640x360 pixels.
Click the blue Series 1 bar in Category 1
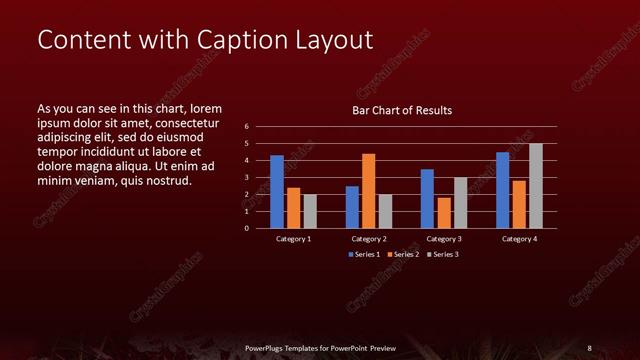point(277,191)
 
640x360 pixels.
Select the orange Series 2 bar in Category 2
point(368,190)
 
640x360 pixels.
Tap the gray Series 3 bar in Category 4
point(536,185)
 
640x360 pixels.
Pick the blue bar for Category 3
point(427,198)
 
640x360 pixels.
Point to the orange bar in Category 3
point(443,212)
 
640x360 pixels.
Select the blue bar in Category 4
point(502,189)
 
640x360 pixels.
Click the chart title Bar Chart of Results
point(402,110)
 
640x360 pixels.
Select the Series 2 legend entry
point(403,255)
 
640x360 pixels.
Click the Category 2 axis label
point(369,239)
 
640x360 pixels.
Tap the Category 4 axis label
point(519,239)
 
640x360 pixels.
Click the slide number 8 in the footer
point(589,347)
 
